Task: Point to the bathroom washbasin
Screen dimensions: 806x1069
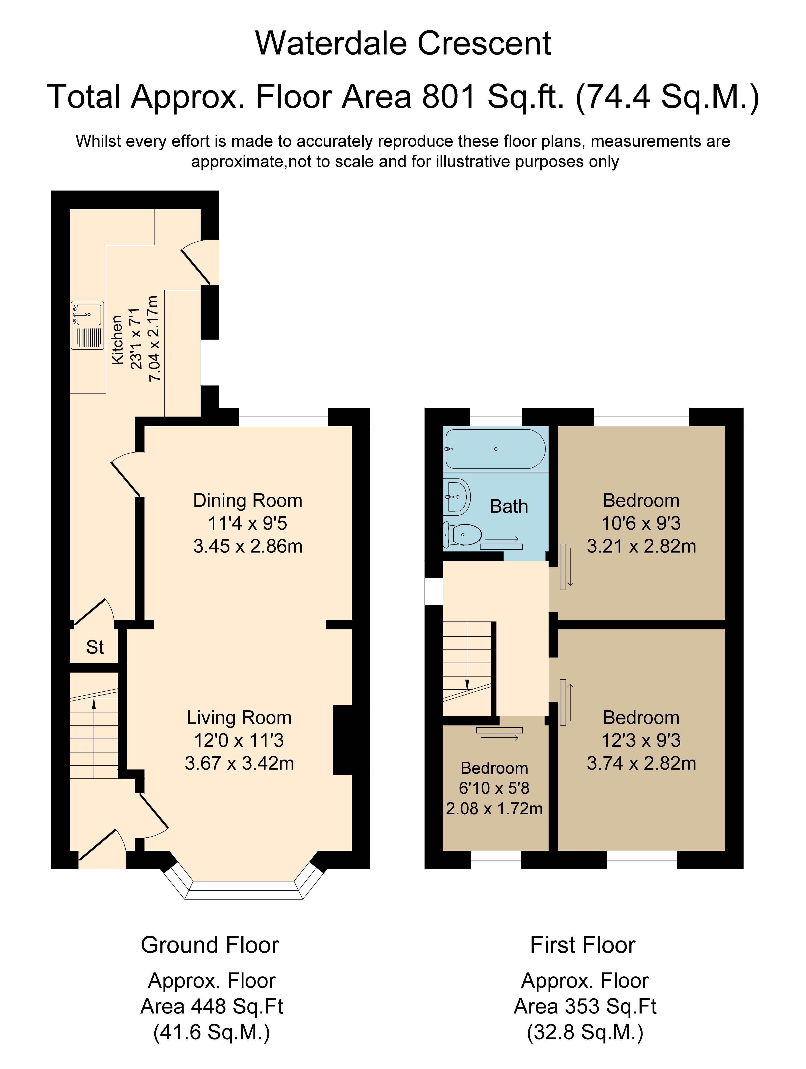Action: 457,497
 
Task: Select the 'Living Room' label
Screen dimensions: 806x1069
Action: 239,718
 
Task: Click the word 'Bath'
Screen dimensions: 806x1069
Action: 509,507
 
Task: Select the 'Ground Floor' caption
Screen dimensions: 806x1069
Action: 210,945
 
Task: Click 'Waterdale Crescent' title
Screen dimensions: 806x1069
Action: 403,44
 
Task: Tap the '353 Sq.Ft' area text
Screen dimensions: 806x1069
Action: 608,1007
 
